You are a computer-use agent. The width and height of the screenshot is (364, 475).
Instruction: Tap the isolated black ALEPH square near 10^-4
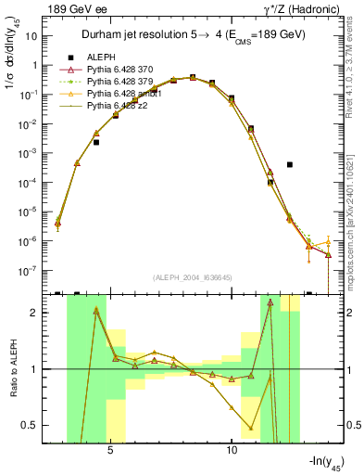click(x=290, y=164)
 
